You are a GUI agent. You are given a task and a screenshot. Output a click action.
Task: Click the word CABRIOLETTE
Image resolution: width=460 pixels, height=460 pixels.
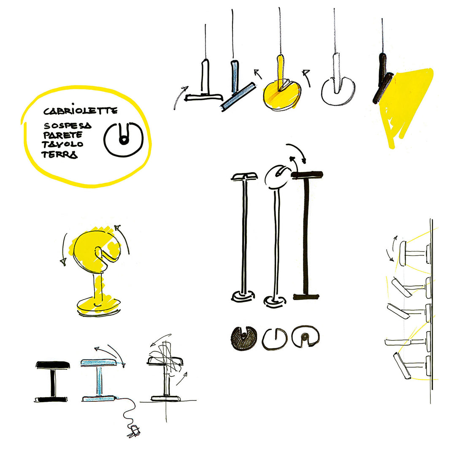(x=80, y=110)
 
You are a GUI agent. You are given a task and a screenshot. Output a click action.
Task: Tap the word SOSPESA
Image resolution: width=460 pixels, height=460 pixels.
(x=68, y=126)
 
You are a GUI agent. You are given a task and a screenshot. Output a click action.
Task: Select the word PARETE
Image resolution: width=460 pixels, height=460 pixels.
(x=63, y=135)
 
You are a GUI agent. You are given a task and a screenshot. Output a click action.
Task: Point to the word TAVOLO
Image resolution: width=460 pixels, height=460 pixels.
(x=62, y=144)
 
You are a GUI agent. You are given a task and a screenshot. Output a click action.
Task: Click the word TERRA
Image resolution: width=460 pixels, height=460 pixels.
(x=60, y=154)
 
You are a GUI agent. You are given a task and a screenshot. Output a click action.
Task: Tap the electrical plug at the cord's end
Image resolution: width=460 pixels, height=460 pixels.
(x=133, y=431)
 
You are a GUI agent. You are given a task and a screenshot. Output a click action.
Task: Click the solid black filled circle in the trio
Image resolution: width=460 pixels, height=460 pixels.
(x=244, y=338)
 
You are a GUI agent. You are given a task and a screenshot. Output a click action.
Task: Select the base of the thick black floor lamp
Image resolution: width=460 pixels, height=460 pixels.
(x=306, y=297)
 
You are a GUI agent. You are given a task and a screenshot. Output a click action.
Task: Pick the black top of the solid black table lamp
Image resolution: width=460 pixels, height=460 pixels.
(x=53, y=365)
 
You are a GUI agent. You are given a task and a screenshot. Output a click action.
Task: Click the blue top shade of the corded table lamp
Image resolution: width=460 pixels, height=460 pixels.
(x=99, y=363)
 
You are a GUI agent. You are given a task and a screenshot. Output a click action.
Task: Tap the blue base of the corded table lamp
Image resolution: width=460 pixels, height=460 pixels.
(x=99, y=398)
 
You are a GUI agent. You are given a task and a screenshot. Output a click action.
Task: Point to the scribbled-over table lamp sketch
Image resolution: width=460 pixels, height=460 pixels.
(x=165, y=371)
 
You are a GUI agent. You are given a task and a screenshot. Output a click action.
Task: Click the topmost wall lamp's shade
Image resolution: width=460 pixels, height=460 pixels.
(x=403, y=254)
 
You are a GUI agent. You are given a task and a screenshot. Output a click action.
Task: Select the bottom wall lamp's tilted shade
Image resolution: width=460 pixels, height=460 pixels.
(x=402, y=365)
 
